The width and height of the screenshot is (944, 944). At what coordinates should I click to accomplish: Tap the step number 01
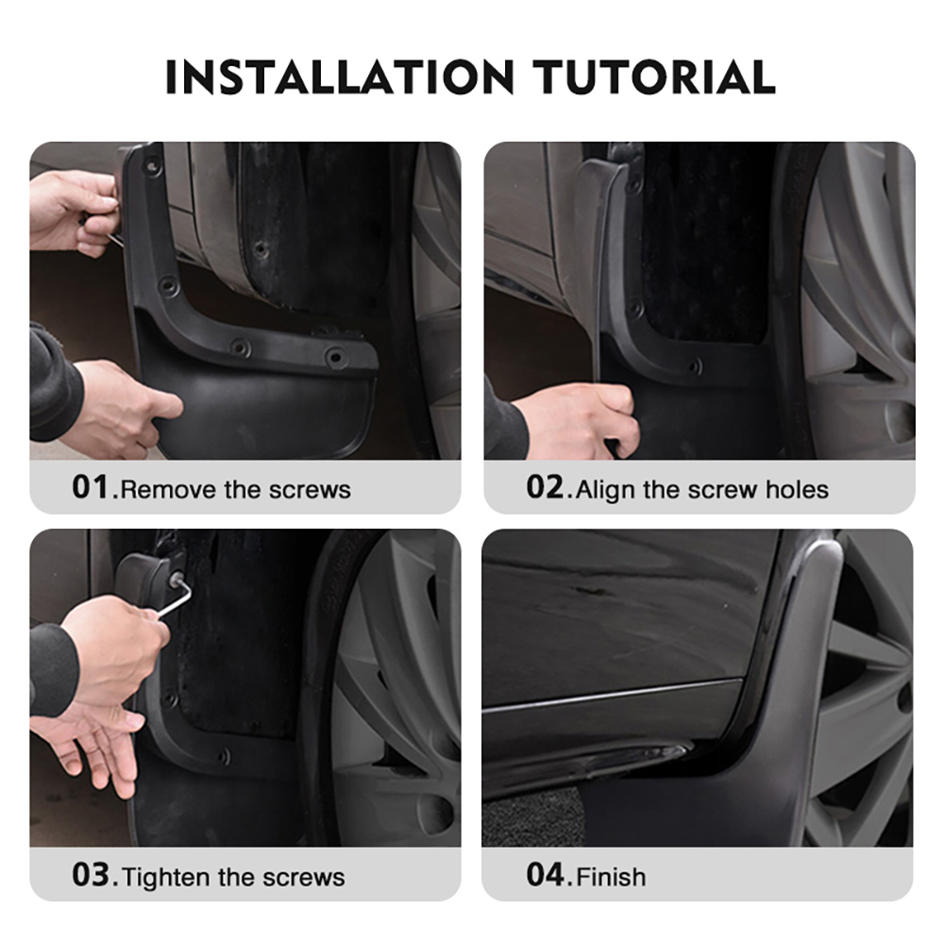pos(92,488)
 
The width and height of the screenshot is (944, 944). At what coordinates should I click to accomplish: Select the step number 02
pos(546,488)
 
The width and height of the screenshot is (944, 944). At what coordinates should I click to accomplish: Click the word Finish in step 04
pos(612,876)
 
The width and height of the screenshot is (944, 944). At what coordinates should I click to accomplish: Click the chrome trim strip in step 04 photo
pos(614,695)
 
